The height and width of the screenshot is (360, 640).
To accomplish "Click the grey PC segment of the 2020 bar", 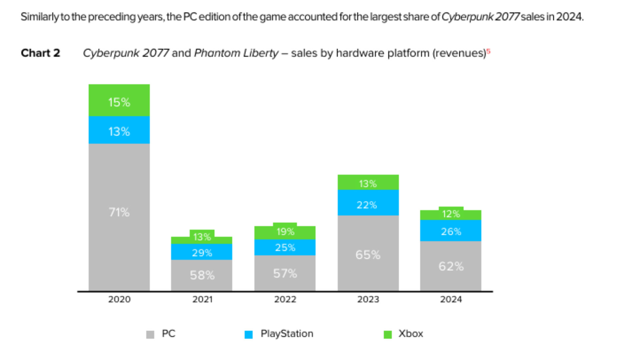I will tap(119, 217).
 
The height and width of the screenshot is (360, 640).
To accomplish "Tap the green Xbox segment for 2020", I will tap(119, 100).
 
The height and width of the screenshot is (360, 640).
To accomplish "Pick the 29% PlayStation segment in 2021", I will tap(202, 252).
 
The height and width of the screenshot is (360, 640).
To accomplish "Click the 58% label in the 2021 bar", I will tap(202, 275).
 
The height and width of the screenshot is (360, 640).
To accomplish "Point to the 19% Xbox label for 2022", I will tap(285, 232).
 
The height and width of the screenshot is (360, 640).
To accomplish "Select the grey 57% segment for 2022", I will tap(285, 273).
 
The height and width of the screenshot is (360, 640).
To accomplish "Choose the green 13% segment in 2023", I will tap(368, 183).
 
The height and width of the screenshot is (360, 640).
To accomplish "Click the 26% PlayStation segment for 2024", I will tap(450, 231).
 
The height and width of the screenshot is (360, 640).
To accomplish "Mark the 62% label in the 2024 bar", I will tap(451, 266).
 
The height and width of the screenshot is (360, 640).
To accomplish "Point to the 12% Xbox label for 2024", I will tap(451, 214).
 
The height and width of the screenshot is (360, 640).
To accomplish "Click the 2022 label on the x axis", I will tap(285, 299).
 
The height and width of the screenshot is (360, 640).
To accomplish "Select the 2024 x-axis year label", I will tap(451, 299).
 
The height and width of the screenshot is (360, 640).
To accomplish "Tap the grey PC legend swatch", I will tap(150, 334).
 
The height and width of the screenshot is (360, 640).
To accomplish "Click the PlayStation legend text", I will tap(287, 334).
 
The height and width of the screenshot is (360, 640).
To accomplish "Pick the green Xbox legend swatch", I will tap(387, 334).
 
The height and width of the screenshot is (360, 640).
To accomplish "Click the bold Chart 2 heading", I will tap(40, 53).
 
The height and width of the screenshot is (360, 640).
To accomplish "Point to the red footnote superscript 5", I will tap(488, 51).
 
